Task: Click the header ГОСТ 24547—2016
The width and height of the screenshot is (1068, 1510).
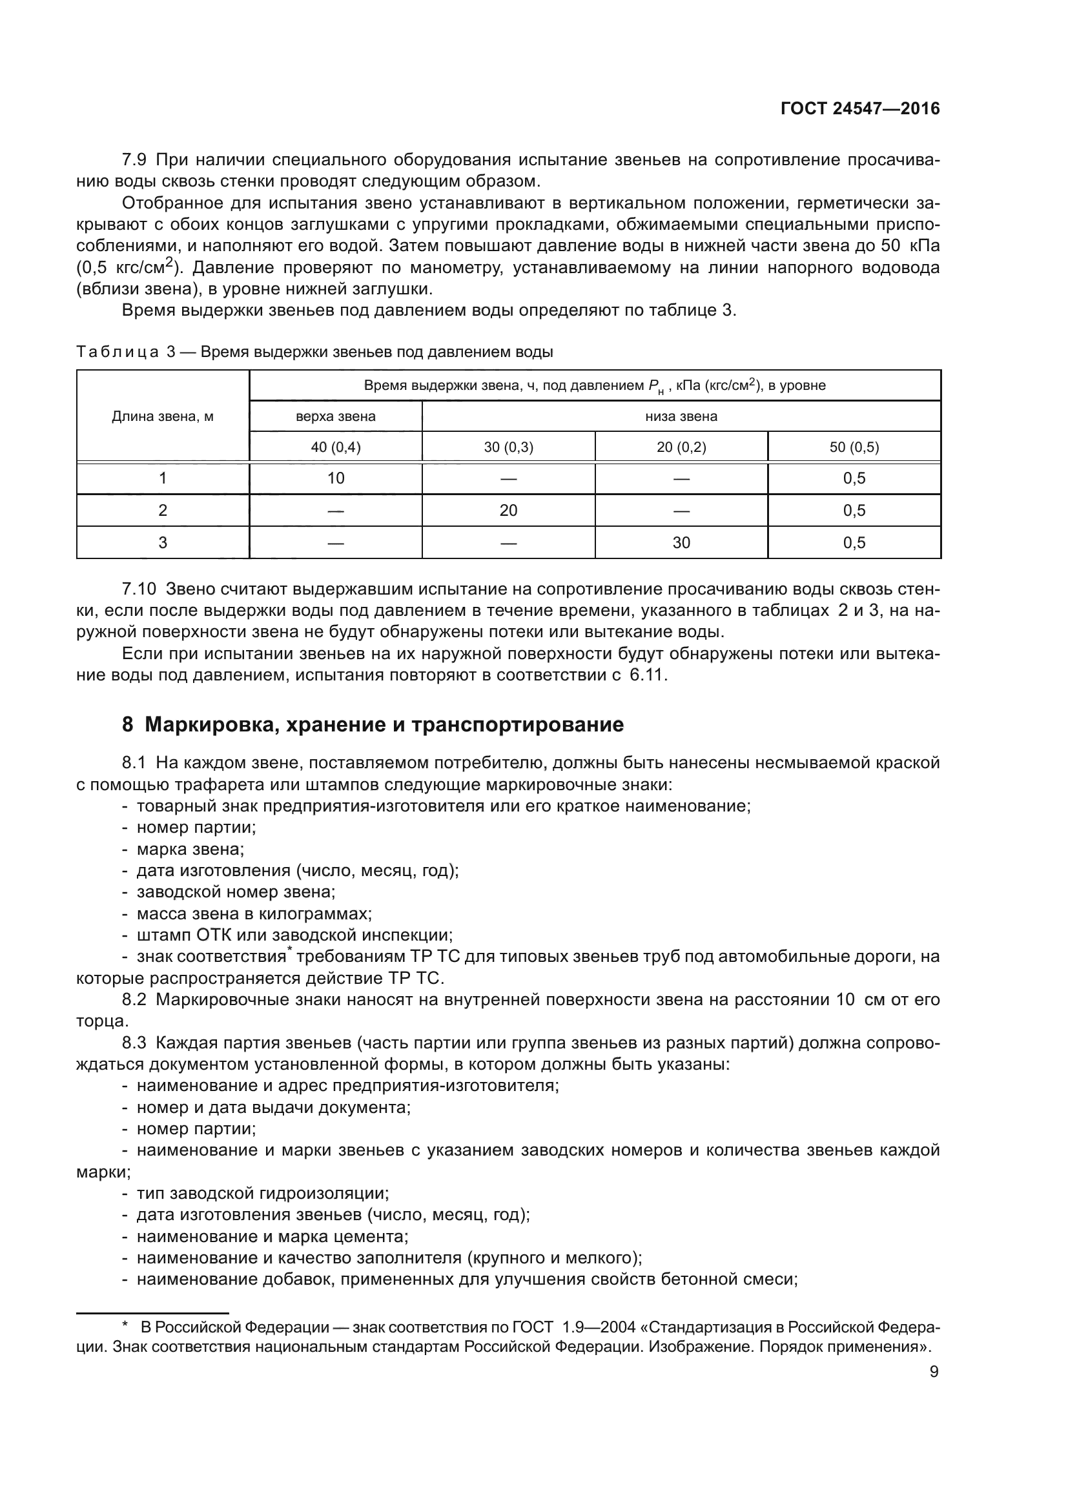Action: click(859, 109)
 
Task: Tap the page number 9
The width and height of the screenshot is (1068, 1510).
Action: click(934, 1372)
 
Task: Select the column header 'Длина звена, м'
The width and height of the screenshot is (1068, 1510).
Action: click(163, 416)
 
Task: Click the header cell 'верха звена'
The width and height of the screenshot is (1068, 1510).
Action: click(335, 416)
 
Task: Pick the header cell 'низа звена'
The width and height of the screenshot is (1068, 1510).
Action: click(681, 416)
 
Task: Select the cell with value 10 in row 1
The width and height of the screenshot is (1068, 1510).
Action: click(335, 479)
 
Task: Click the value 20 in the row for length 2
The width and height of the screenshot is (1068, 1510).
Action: click(508, 511)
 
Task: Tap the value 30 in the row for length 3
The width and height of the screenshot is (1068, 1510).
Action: click(681, 542)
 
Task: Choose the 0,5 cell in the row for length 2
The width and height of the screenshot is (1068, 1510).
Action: click(854, 511)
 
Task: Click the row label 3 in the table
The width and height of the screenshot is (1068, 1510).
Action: click(163, 542)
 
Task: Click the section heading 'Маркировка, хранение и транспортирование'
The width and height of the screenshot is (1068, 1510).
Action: click(384, 725)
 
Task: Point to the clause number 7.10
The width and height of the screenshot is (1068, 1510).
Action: click(139, 589)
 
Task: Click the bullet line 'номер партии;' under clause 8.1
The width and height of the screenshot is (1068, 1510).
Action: click(196, 828)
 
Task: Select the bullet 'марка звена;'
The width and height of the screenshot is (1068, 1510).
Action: click(190, 849)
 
